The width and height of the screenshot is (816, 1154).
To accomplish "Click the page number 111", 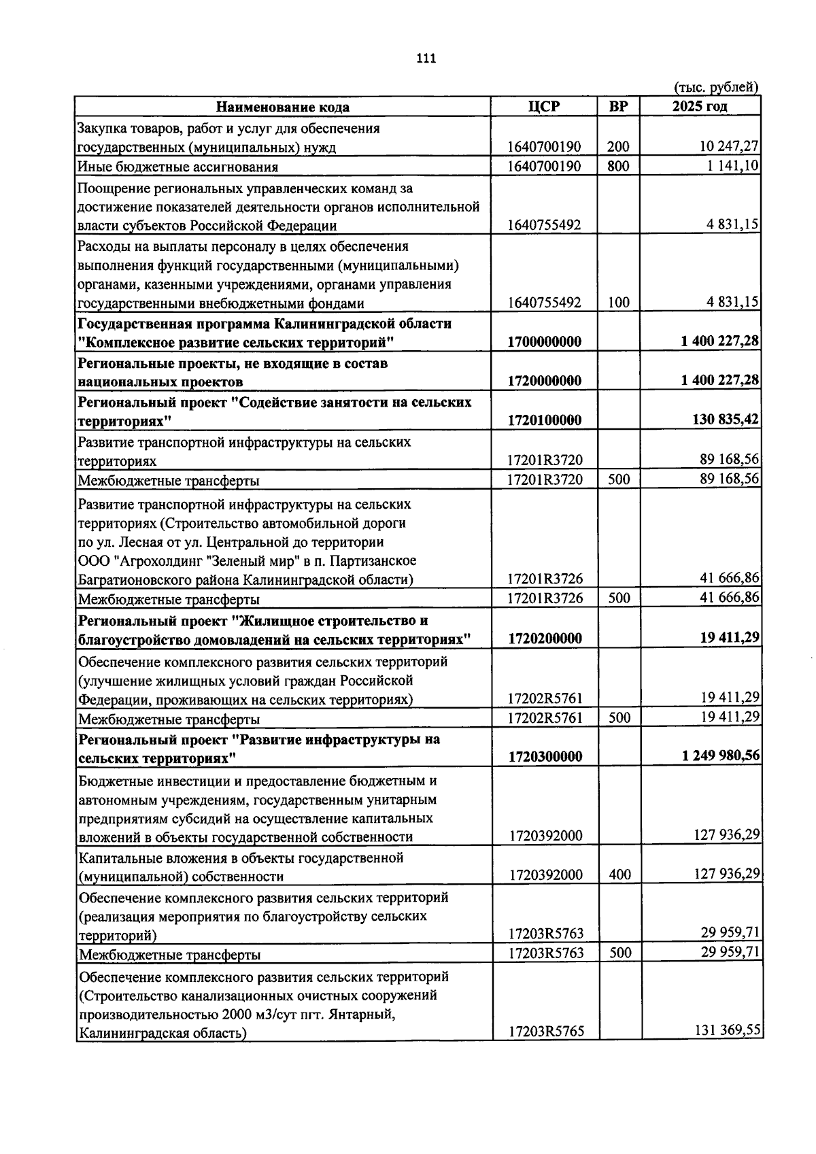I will [426, 58].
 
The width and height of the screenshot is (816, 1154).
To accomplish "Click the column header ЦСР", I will [544, 107].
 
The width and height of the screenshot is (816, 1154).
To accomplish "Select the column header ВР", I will [618, 107].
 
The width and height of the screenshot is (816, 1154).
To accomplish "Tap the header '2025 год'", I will [700, 107].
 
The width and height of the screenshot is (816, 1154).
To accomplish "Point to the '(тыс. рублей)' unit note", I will [715, 87].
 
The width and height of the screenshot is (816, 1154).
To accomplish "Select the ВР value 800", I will [619, 167].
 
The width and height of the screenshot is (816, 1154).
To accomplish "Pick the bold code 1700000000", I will [545, 342].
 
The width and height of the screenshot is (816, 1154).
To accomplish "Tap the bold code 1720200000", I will [545, 639].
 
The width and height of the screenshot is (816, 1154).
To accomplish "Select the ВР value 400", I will [619, 875].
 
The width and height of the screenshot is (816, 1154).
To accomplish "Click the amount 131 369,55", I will [727, 1031].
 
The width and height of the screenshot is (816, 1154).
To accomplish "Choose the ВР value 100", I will [619, 303].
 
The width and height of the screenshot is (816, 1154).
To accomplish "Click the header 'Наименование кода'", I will [283, 107].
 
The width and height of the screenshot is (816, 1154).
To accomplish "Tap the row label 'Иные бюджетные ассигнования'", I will [178, 167].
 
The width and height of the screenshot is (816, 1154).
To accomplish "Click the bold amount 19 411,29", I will [730, 638].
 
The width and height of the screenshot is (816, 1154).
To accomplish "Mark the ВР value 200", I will [619, 147].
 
